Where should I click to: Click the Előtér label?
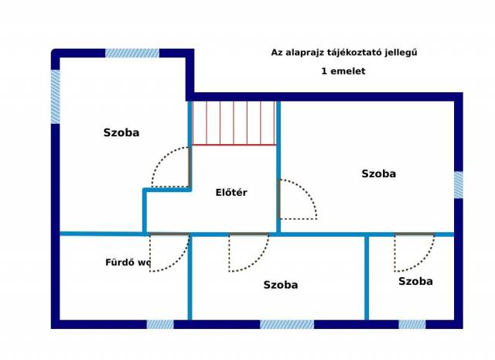[231, 193]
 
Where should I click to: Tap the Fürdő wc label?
[128, 262]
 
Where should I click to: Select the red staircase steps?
[234, 123]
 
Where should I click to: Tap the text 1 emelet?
[343, 71]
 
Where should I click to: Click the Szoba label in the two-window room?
[121, 132]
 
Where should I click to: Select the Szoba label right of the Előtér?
[378, 173]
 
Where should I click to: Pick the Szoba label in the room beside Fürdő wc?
[281, 285]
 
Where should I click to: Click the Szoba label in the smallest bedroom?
[415, 281]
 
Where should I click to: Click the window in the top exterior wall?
[132, 53]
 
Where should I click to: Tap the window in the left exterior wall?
[55, 97]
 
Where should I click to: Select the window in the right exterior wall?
[459, 185]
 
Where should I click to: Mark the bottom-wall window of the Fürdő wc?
[160, 324]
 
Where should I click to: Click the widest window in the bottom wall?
[287, 324]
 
